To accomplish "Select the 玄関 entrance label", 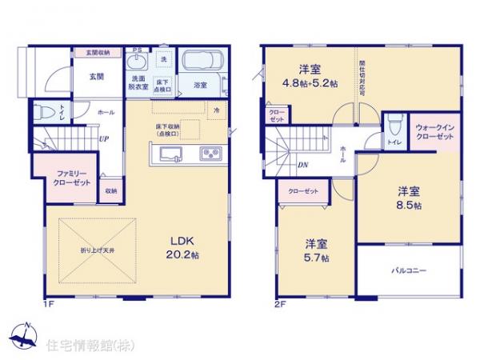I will [x=95, y=76].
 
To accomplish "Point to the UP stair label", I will [x=103, y=139].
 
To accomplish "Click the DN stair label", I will [x=303, y=166].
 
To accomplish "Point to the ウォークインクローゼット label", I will [x=435, y=133].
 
